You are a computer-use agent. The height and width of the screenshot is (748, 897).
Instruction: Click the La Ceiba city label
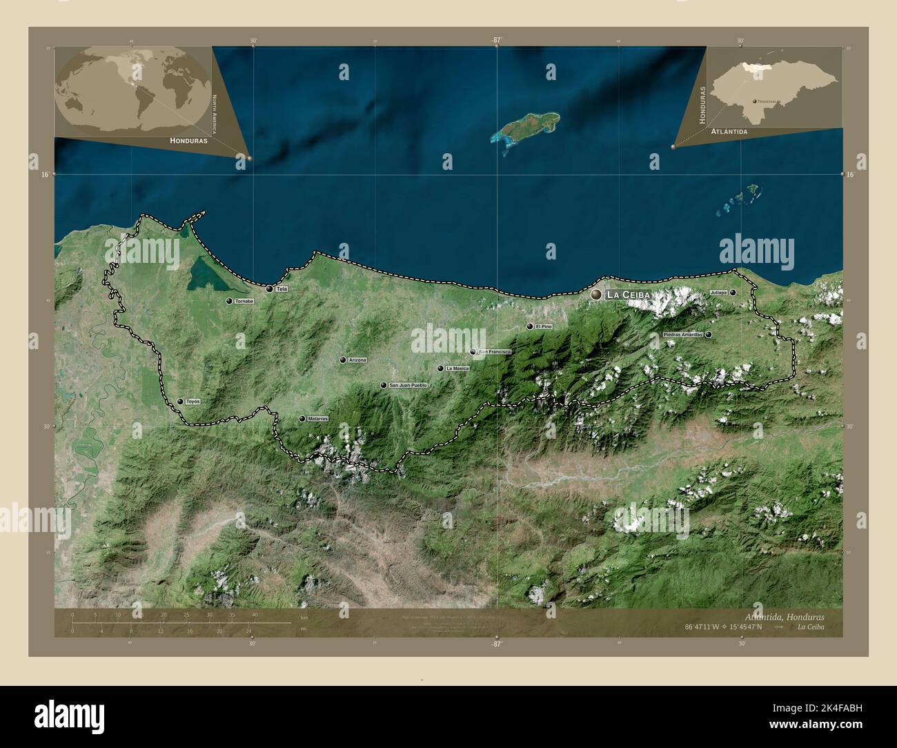click(627, 295)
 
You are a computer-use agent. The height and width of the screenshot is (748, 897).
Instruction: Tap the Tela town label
click(281, 289)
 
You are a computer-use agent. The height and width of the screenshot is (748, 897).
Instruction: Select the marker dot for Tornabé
click(228, 302)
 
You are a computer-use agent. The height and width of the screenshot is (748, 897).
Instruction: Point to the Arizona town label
click(357, 360)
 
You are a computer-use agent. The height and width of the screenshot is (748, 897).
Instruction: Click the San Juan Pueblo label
click(408, 385)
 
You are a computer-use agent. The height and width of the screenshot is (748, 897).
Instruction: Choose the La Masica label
click(457, 368)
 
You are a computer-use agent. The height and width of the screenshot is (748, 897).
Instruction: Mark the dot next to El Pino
click(529, 326)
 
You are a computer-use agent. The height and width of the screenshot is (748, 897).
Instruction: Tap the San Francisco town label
click(494, 352)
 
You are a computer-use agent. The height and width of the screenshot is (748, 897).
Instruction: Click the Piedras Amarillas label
click(682, 335)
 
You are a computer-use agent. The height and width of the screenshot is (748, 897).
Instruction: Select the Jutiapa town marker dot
click(733, 293)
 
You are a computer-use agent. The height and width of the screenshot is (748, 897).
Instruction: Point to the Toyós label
click(193, 402)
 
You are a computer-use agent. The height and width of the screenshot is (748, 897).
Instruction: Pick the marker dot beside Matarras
click(302, 419)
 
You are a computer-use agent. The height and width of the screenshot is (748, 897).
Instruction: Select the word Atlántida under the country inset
click(732, 130)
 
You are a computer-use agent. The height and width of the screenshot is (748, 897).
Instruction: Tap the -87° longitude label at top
click(495, 40)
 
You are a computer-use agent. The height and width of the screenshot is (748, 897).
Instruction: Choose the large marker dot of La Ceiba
click(596, 295)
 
